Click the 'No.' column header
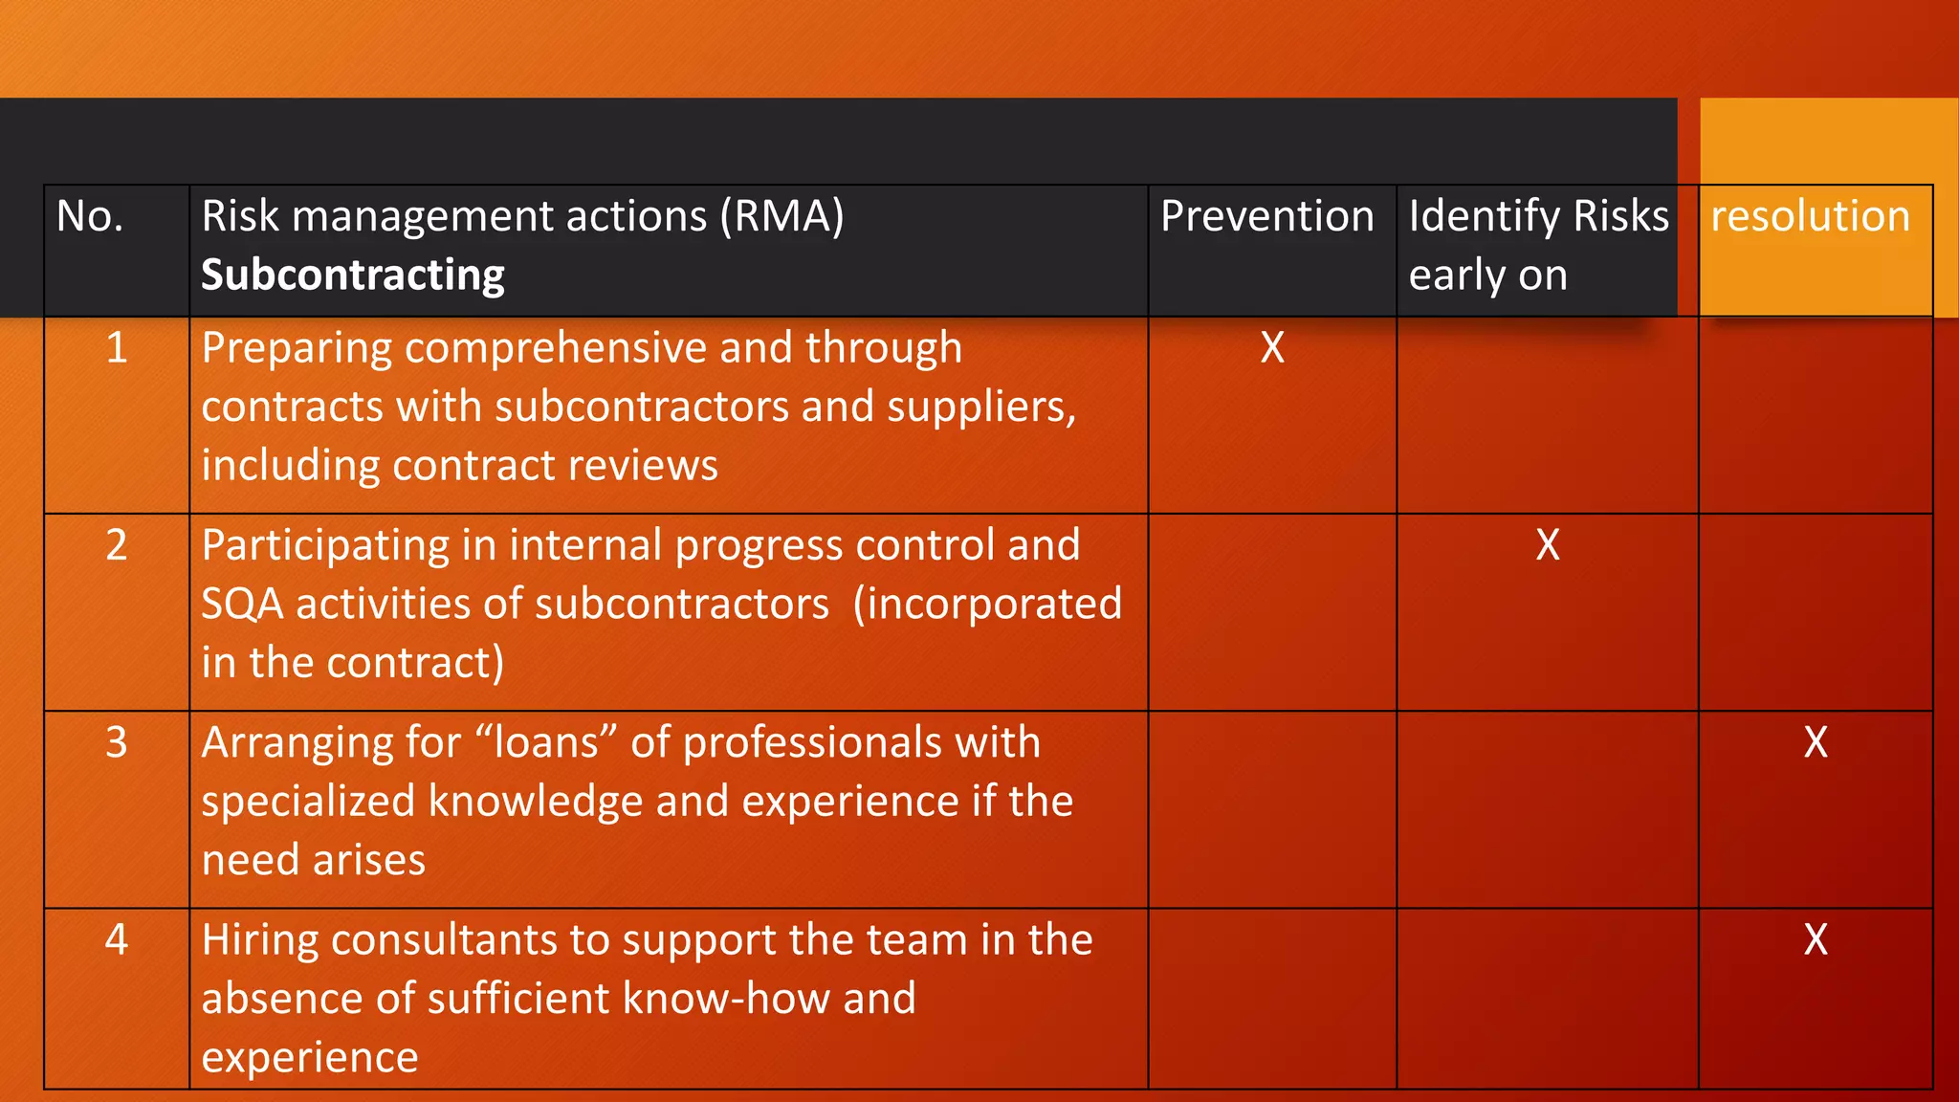click(x=90, y=216)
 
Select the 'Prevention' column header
click(x=1266, y=216)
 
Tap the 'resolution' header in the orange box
click(x=1810, y=216)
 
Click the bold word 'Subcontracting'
click(x=353, y=275)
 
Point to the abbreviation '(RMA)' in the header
click(x=782, y=216)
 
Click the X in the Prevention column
click(x=1272, y=348)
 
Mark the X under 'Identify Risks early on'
click(x=1548, y=545)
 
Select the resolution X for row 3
click(x=1816, y=743)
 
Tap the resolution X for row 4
click(x=1816, y=940)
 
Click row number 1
click(x=117, y=348)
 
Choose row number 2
click(x=117, y=545)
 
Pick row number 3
click(x=117, y=743)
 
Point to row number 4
click(x=117, y=940)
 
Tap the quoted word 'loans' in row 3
click(x=546, y=743)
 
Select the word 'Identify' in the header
click(x=1484, y=216)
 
